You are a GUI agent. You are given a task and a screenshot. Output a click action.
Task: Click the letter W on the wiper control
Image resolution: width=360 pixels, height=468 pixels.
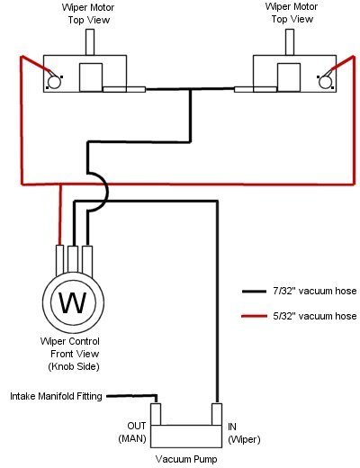[73, 302]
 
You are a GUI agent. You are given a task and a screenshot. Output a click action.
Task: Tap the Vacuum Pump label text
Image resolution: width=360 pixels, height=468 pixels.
[186, 459]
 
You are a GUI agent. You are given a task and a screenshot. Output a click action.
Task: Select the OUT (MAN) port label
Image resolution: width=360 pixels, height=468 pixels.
[132, 432]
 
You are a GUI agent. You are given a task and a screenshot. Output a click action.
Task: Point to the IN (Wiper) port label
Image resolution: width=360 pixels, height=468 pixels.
[244, 433]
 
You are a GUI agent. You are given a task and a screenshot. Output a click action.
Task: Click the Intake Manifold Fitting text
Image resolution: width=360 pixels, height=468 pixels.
[56, 396]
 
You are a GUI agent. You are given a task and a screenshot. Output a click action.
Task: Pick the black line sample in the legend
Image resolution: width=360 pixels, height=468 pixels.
[254, 292]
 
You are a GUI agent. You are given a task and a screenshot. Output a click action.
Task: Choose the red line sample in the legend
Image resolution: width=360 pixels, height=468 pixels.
[254, 316]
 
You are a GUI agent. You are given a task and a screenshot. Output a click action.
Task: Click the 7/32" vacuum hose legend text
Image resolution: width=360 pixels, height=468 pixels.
[315, 291]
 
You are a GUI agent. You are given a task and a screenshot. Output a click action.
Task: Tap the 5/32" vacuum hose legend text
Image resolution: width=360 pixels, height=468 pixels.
[315, 316]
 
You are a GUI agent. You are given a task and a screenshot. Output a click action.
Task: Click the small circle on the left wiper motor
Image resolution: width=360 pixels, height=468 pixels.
[54, 82]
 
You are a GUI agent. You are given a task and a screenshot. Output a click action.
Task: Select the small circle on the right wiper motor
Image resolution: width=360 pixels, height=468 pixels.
[325, 82]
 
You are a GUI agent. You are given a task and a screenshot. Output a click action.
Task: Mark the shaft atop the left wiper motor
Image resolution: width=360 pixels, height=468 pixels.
[90, 42]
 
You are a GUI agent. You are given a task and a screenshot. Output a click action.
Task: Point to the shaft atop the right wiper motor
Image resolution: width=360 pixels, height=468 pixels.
[290, 42]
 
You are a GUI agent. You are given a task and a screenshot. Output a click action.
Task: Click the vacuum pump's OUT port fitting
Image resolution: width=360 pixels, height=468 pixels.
[156, 414]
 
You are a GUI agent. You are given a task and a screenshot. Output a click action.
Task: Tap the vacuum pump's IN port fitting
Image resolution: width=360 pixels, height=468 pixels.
[217, 414]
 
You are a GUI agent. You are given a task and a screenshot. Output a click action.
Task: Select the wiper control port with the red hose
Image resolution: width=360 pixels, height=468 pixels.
[60, 260]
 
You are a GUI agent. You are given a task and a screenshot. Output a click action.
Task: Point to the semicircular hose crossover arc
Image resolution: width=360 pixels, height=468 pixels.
[107, 192]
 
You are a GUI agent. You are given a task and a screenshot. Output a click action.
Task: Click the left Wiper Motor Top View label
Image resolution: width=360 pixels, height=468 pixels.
[88, 13]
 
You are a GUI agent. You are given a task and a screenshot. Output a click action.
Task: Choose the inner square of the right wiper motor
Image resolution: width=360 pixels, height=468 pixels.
[289, 77]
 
